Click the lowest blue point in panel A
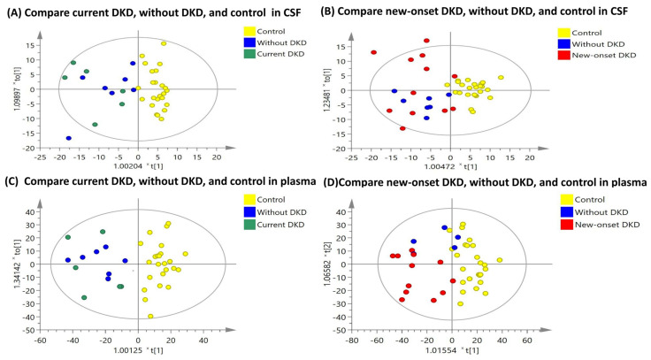(x=69, y=138)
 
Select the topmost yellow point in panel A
(x=164, y=43)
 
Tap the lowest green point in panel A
(x=95, y=125)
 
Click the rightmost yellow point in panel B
(x=501, y=77)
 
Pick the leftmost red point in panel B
(x=373, y=52)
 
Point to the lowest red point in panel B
(x=402, y=128)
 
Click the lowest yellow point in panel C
(x=151, y=316)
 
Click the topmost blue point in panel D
(x=445, y=228)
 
